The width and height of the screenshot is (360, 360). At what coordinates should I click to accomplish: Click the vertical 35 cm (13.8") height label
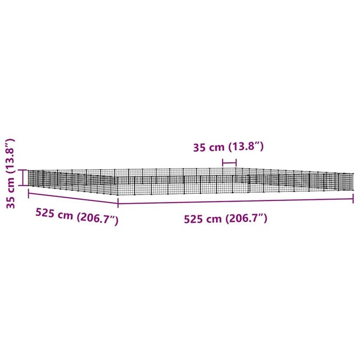[10, 173]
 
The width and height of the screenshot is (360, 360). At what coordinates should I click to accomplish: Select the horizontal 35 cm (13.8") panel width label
[228, 147]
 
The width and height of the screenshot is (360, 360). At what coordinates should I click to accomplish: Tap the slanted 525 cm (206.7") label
[77, 217]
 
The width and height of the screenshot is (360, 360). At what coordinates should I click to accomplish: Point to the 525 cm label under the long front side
[226, 218]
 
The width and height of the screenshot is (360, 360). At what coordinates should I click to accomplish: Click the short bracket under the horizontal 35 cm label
[229, 163]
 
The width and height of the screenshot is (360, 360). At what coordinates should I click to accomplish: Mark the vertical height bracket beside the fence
[23, 178]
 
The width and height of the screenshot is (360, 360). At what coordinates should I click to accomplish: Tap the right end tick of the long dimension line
[353, 199]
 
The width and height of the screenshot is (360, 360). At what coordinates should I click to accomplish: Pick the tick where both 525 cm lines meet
[118, 203]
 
